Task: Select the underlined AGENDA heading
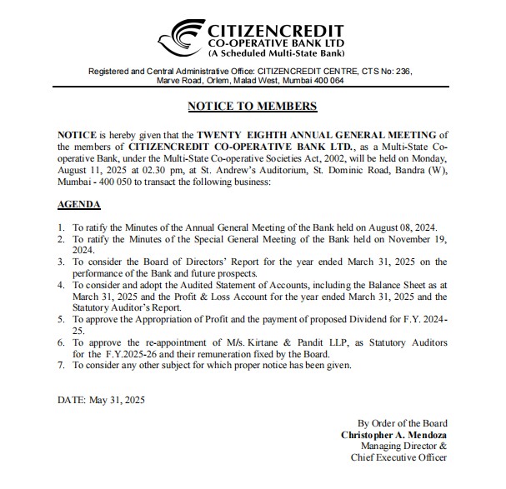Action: click(x=79, y=204)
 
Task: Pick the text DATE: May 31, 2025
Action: click(x=101, y=400)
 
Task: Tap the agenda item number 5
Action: click(x=61, y=319)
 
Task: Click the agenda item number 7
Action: click(x=61, y=365)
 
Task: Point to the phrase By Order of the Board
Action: click(x=402, y=423)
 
